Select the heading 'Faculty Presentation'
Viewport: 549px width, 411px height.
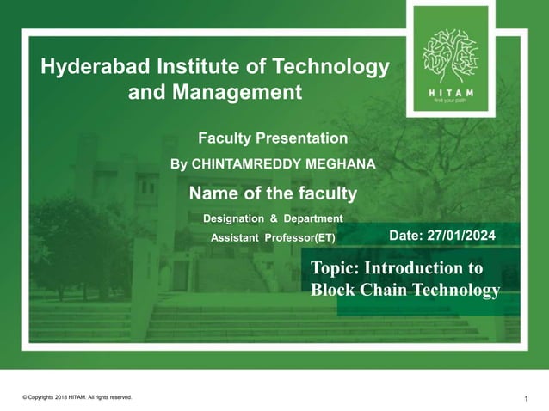pos(273,138)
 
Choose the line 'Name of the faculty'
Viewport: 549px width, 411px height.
pos(273,193)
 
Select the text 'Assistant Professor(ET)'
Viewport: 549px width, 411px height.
pos(274,238)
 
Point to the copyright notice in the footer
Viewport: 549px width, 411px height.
pos(77,397)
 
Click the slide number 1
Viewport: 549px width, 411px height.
pos(525,398)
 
